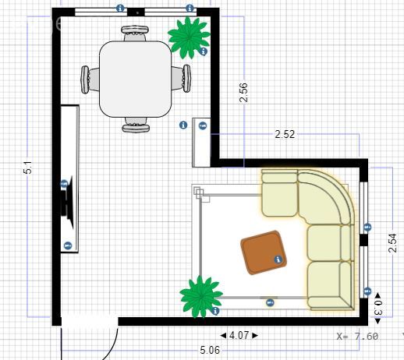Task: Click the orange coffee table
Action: (264, 252)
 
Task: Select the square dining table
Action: (135, 79)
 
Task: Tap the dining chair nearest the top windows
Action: (135, 33)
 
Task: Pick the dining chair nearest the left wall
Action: (90, 79)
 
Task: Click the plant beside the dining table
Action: (189, 37)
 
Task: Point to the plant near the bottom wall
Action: (201, 297)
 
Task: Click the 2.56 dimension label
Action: (243, 93)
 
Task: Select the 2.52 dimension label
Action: (285, 134)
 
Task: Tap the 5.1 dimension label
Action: (27, 168)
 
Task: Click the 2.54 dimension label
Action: (392, 243)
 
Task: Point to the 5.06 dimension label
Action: (210, 350)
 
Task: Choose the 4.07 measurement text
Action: (239, 335)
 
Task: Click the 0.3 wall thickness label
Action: (377, 308)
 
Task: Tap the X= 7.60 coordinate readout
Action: (357, 337)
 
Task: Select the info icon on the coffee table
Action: (278, 259)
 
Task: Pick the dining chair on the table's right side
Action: (181, 78)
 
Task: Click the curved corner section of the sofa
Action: (326, 197)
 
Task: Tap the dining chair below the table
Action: (136, 125)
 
